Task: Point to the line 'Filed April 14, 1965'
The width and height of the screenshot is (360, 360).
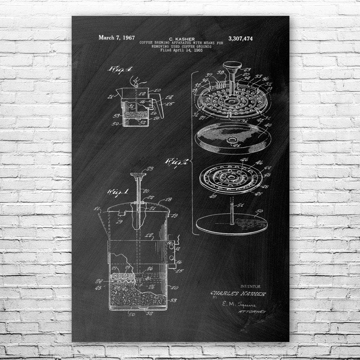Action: (x=181, y=50)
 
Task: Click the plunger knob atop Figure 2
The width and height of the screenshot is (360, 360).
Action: (x=231, y=66)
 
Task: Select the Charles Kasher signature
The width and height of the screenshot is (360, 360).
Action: (x=238, y=294)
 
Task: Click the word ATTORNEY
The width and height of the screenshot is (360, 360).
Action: (x=252, y=311)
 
